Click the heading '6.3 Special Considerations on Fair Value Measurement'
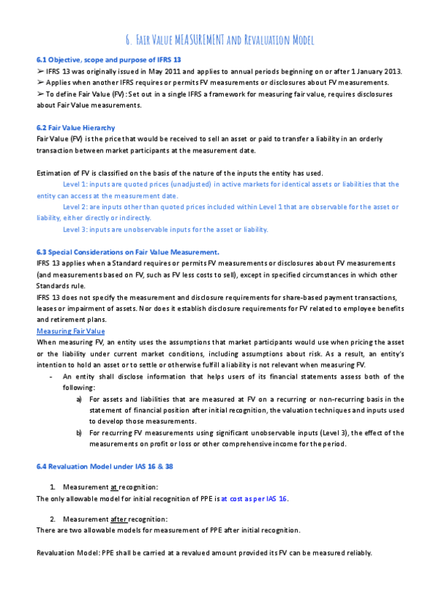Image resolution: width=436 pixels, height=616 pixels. tap(128, 251)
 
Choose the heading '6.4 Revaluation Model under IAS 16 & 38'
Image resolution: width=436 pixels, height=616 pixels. tap(105, 465)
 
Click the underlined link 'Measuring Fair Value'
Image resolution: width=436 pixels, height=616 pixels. tap(70, 331)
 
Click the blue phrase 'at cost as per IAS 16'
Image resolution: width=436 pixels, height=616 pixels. tap(254, 498)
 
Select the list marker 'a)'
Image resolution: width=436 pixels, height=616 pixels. tap(79, 399)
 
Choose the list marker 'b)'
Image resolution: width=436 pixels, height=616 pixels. tap(79, 432)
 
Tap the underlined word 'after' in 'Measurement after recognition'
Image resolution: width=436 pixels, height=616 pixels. tap(121, 519)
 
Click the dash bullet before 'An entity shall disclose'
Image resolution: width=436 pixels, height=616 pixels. tap(49, 376)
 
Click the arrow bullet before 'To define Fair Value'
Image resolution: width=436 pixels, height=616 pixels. tap(40, 94)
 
